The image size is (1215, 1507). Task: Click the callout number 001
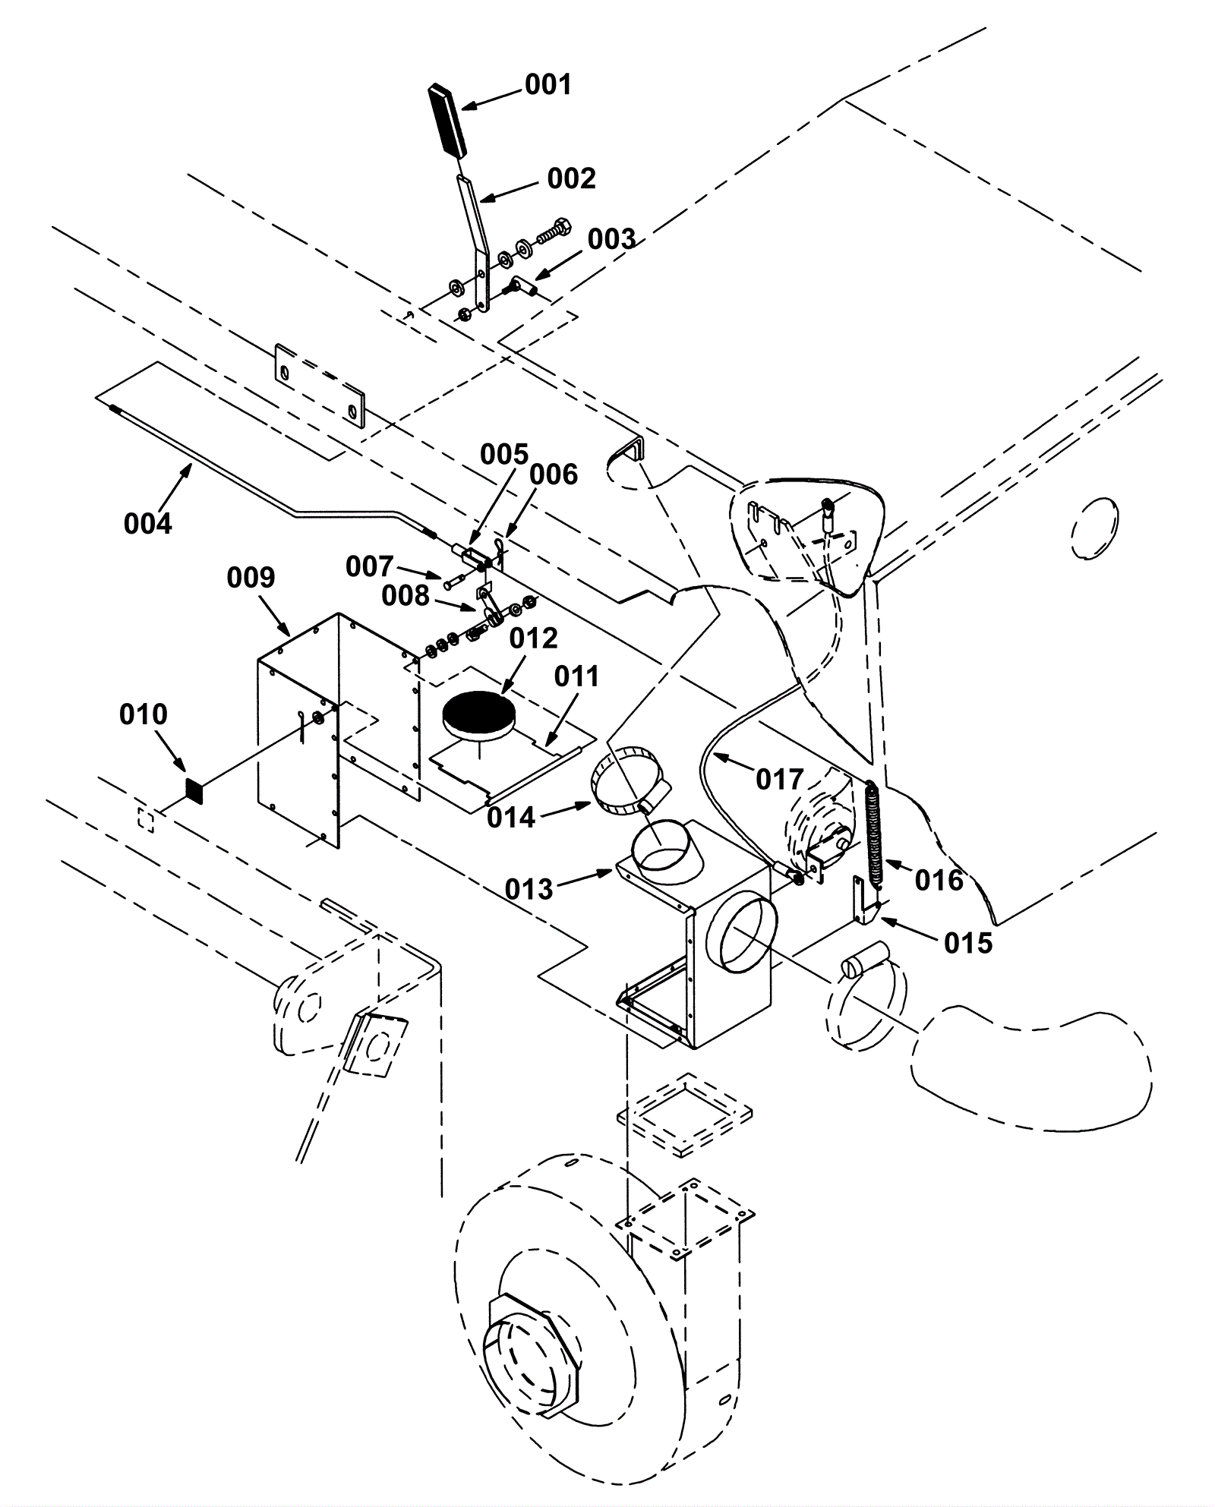click(548, 84)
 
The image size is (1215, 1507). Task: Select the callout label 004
click(148, 523)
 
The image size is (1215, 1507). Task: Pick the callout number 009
click(251, 578)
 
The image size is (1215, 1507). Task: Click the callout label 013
click(529, 889)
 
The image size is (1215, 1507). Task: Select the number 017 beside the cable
click(780, 779)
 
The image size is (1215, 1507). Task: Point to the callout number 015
click(968, 943)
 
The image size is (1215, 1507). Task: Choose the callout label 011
click(577, 676)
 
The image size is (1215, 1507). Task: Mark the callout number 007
click(370, 566)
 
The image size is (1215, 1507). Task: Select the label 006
click(554, 474)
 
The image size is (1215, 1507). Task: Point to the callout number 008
click(406, 596)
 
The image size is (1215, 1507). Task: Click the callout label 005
click(504, 455)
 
